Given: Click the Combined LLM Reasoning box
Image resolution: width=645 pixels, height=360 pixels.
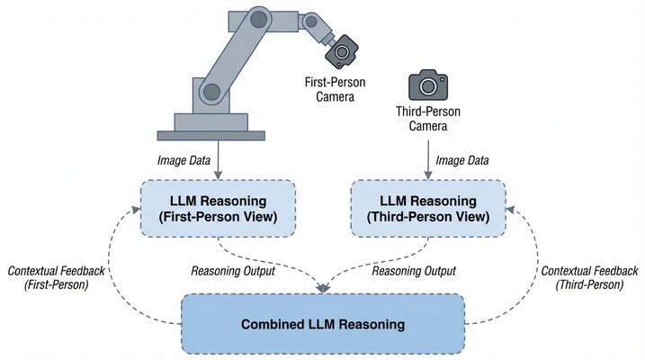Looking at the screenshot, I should pos(323,322).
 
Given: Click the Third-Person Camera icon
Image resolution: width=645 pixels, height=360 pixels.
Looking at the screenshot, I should pos(427,85).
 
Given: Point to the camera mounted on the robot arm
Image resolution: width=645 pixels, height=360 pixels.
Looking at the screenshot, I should pos(341,53).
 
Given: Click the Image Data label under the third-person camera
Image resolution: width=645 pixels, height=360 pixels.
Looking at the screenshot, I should pos(462,160).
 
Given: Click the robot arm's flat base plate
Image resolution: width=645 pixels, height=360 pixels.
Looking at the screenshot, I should pos(211,136).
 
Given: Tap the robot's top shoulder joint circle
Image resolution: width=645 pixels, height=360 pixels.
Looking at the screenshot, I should pos(259,18).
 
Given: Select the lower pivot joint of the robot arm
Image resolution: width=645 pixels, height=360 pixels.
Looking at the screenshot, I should pos(210,91).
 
